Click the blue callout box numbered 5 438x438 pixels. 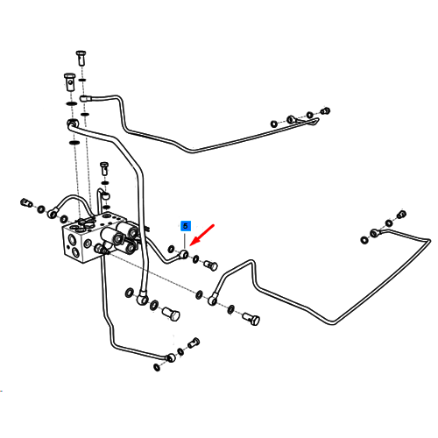pos(186,226)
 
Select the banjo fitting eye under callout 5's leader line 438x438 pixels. pos(184,254)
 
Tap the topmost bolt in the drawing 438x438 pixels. pos(81,58)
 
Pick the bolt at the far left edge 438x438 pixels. pos(26,202)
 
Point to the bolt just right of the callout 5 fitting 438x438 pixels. pos(210,265)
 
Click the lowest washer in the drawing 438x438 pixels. pos(157,367)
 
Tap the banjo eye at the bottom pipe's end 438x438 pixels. pos(170,357)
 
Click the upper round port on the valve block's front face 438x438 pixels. pos(71,240)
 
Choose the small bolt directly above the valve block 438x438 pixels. pos(104,168)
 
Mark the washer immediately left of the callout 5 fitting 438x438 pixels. pos(171,249)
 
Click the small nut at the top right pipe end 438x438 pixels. pos(325,111)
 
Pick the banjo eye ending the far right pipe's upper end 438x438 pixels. pos(375,233)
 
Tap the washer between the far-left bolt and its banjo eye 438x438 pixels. pos(41,208)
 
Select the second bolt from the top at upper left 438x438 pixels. pos(69,81)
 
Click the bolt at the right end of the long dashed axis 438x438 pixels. pos(251,319)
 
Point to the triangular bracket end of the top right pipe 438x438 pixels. pos(313,122)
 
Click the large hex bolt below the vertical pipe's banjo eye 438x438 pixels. pos(171,314)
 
